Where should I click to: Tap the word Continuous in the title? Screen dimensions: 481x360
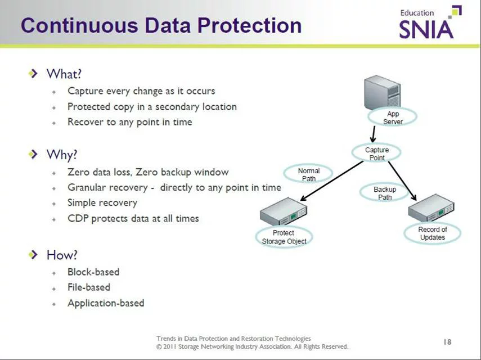pos(79,25)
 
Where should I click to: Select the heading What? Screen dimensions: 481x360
pos(64,74)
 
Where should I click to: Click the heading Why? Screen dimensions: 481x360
pos(62,155)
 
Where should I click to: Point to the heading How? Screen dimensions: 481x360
pos(62,255)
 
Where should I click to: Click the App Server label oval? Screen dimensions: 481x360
pos(393,118)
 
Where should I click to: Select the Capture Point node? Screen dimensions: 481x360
pos(376,154)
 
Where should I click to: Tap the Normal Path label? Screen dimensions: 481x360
pos(308,174)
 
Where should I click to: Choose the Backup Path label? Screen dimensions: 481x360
pos(384,193)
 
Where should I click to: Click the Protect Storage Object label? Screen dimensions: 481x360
pos(284,237)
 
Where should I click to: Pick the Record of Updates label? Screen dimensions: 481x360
pos(433,233)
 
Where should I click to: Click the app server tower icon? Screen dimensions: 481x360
pos(383,93)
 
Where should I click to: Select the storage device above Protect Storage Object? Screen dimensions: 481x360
pos(283,212)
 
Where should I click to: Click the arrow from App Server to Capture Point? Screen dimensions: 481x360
pos(374,134)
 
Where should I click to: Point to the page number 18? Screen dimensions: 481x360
pos(447,341)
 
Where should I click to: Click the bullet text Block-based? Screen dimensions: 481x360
pos(93,272)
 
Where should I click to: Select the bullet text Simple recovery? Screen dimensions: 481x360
pos(102,203)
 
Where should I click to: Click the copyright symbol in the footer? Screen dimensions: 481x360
pos(159,347)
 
